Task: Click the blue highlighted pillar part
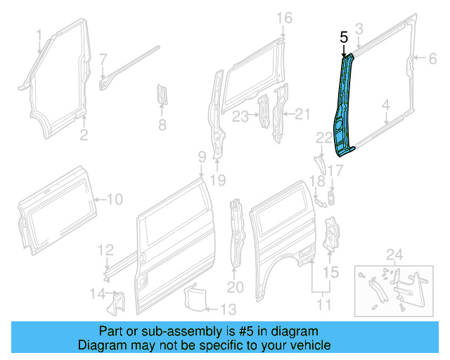[x=346, y=105]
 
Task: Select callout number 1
[x=39, y=34]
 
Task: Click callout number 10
[x=114, y=200]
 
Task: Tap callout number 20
[x=235, y=286]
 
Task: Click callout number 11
[x=324, y=304]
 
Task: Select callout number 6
[x=432, y=59]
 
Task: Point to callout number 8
[x=162, y=125]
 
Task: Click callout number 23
[x=240, y=116]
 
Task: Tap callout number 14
[x=97, y=293]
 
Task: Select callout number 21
[x=301, y=114]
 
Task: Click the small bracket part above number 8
[x=161, y=94]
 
